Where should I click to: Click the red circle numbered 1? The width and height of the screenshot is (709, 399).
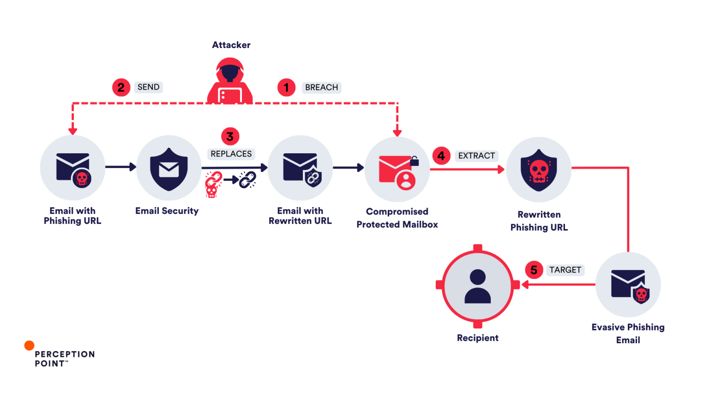point(286,87)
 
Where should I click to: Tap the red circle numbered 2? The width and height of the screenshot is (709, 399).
point(121,87)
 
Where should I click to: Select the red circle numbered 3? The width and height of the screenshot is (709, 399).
point(230,137)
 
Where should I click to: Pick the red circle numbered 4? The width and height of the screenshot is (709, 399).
point(441,156)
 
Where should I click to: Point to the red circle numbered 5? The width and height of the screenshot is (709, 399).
point(534,270)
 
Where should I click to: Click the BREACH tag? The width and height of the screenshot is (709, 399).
point(322,87)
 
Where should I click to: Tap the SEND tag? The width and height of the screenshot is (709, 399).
point(149,87)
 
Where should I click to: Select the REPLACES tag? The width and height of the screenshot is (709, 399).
point(231,154)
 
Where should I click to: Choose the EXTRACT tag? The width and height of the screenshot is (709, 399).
point(477,156)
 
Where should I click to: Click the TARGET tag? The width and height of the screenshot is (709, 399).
point(565,270)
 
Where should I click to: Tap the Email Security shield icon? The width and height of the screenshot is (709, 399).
point(168,169)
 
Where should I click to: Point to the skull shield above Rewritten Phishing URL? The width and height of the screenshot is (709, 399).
point(539,170)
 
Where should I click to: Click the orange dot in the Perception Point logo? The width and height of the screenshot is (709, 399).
point(29,345)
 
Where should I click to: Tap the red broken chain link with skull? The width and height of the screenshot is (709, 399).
point(213,184)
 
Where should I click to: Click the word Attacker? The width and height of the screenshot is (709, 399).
point(231,45)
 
